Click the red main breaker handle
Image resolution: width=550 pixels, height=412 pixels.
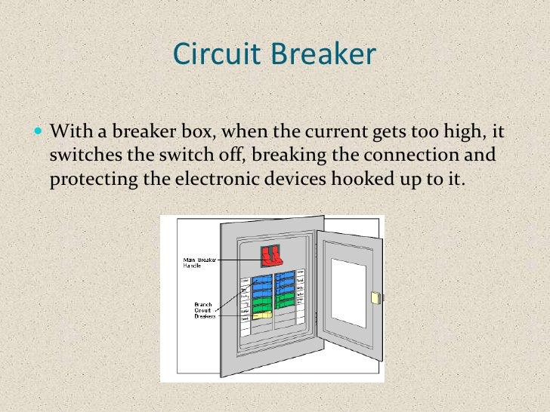tap(268, 256)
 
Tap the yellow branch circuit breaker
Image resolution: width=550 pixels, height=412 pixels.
tap(261, 314)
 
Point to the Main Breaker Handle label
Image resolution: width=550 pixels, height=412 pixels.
tap(198, 263)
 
